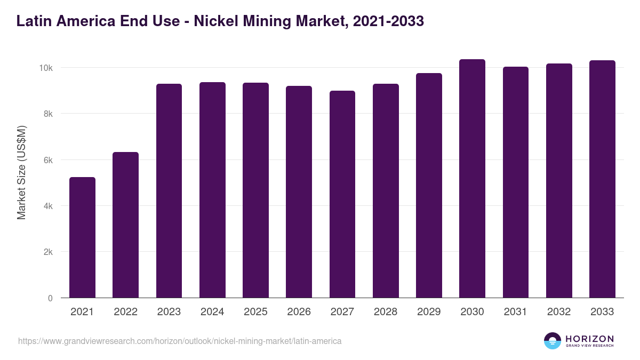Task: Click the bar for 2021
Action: [x=82, y=237]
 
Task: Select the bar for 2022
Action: [x=125, y=225]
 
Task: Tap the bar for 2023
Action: [x=169, y=191]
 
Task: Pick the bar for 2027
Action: [x=342, y=194]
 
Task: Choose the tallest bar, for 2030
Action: [x=472, y=179]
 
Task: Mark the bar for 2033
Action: [x=602, y=179]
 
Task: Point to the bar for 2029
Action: [x=429, y=186]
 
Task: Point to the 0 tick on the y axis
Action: [x=50, y=298]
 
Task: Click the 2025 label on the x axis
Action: [x=255, y=312]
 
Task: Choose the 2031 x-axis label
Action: [x=515, y=312]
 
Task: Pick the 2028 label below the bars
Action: [x=385, y=312]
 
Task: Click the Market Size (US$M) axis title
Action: [x=21, y=172]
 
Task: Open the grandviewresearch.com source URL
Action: [x=180, y=341]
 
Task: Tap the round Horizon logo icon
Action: [x=553, y=341]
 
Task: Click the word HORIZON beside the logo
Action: [x=590, y=339]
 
